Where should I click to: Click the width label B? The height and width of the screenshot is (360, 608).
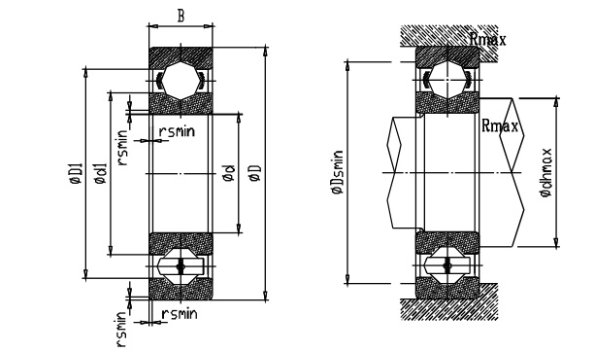tap(181, 16)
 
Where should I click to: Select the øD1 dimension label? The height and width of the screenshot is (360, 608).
tap(76, 173)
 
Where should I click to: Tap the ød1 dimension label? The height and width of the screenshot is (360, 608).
tap(100, 174)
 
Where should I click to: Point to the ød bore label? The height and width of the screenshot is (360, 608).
tap(229, 173)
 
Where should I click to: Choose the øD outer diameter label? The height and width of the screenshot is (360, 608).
tap(256, 173)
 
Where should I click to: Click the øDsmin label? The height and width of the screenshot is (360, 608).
tap(337, 172)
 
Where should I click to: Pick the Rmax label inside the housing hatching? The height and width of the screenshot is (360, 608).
tap(488, 39)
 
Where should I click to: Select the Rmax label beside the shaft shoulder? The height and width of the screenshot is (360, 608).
tap(499, 126)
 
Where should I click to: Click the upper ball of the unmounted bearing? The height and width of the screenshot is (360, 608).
tap(181, 81)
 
